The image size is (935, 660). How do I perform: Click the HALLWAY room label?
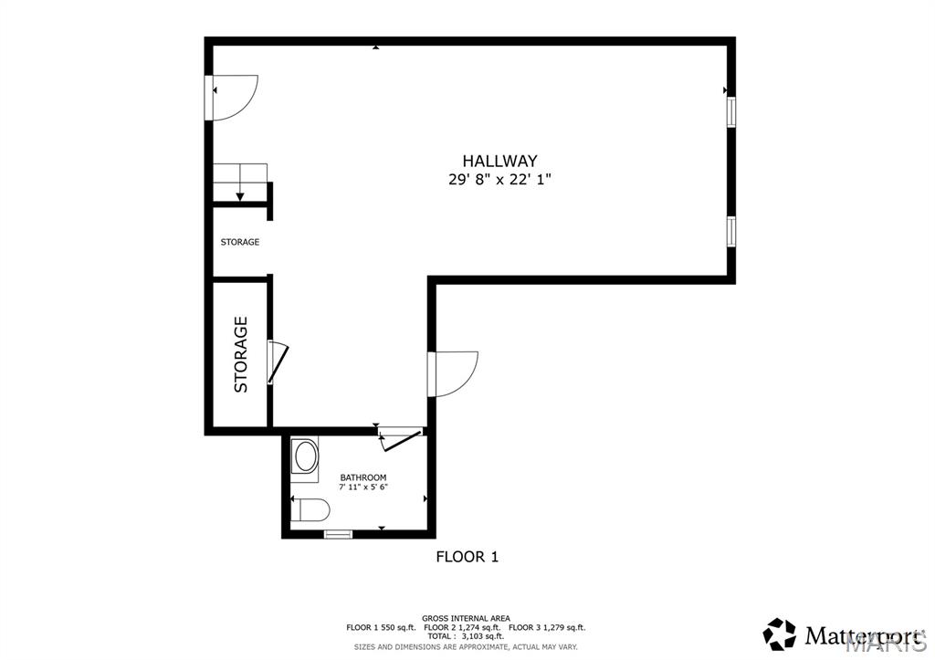pos(499,161)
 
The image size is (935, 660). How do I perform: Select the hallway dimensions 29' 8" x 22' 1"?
pos(499,181)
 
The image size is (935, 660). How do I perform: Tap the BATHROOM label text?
pos(363,477)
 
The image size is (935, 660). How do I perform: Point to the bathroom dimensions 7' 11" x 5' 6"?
pos(363,487)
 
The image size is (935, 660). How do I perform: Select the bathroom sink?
pos(305,456)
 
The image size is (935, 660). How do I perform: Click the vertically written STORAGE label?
pos(241,354)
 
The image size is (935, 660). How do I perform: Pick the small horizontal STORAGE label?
pos(240,242)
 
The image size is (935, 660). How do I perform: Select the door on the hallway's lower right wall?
pos(453,374)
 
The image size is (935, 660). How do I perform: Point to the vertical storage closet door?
pos(278,362)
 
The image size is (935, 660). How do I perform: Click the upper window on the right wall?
pos(730,111)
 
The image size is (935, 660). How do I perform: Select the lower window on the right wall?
pos(730,232)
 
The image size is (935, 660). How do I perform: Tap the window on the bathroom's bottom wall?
pos(338,534)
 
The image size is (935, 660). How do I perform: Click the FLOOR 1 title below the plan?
pos(467,556)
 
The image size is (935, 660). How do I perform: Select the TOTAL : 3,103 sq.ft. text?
pos(466,636)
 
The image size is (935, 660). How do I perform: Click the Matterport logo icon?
pos(779,634)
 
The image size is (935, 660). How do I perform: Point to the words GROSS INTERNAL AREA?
pos(466,618)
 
